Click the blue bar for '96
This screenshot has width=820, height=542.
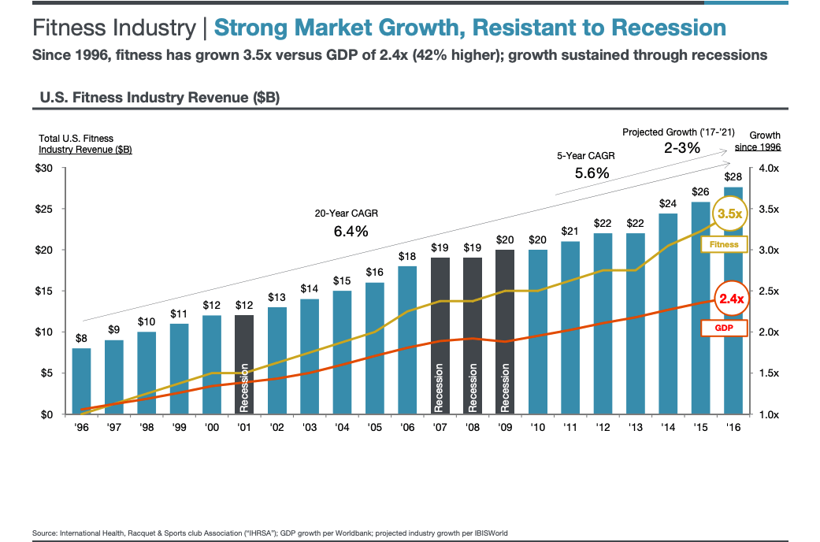point(81,381)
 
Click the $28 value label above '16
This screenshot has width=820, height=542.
point(733,177)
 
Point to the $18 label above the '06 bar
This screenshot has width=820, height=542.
point(407,256)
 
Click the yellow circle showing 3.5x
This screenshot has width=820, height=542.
point(728,213)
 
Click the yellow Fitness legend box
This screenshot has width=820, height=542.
point(723,245)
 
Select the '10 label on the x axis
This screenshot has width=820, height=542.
point(537,428)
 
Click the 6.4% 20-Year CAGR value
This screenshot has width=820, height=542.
point(351,232)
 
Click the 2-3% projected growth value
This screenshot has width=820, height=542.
point(681,147)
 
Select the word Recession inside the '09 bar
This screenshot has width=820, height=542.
point(505,387)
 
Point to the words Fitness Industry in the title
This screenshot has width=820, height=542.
point(113,28)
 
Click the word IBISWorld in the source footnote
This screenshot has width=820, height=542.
point(488,533)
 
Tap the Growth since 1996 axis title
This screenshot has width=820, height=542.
point(764,141)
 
